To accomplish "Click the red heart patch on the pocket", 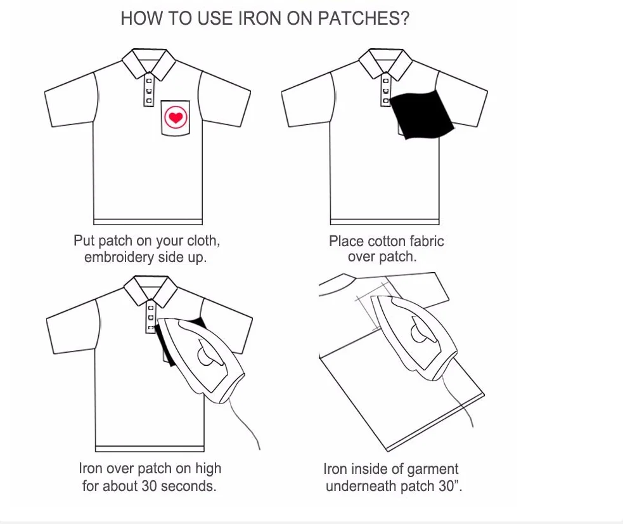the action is click(176, 118).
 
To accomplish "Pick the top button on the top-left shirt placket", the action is click(149, 81).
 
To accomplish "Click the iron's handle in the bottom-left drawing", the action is click(206, 353).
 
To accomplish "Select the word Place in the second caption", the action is click(345, 241).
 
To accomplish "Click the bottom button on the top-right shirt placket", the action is click(385, 100).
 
